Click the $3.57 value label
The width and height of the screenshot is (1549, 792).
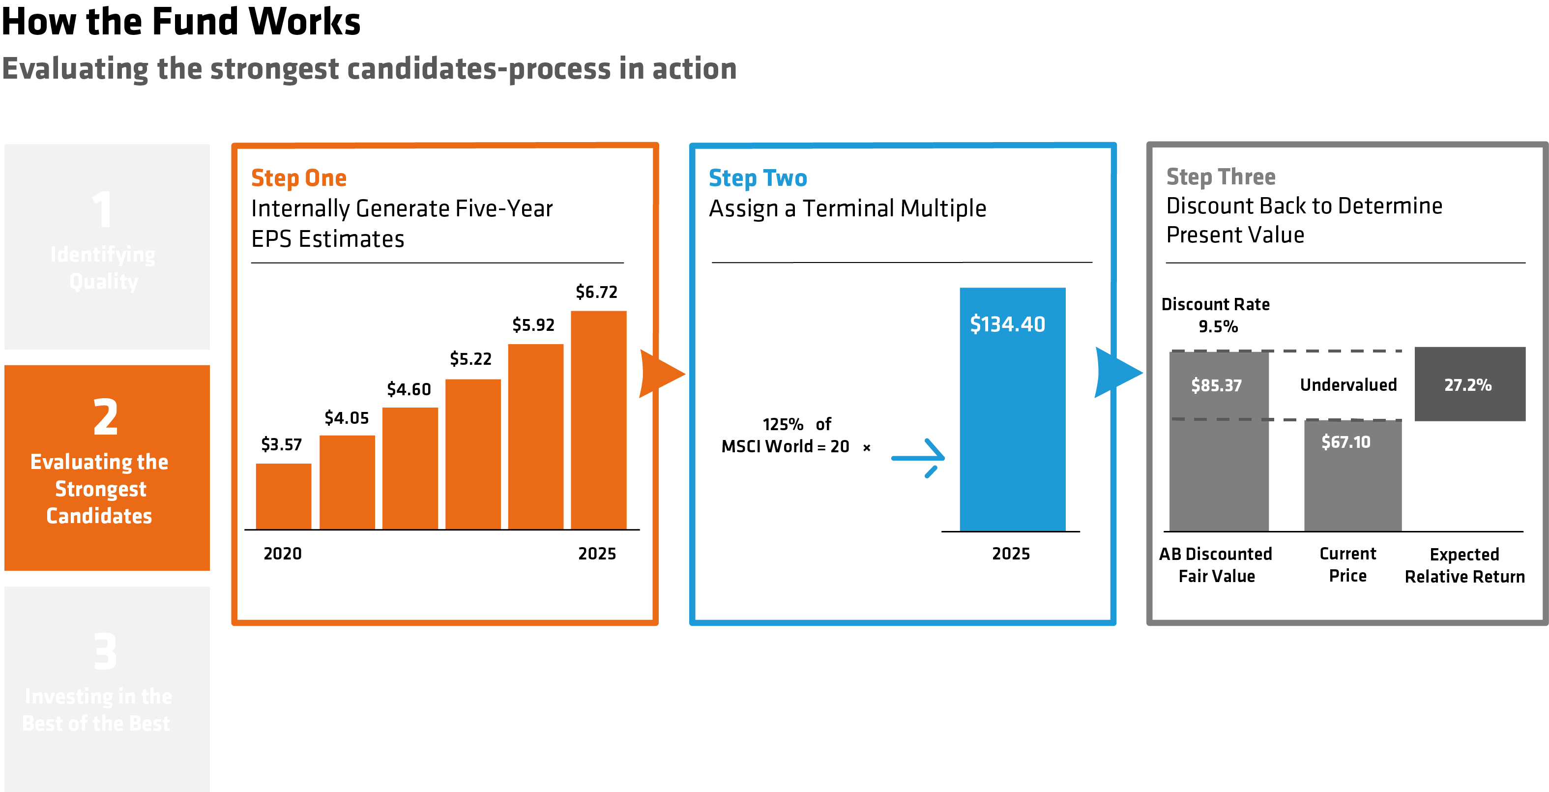281,444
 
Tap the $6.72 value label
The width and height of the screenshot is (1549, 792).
596,292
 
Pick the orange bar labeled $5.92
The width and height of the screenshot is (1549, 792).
535,436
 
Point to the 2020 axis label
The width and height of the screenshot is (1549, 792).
282,553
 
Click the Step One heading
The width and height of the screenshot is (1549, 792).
298,178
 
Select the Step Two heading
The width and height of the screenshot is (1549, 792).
757,178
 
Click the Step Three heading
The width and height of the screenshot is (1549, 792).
1220,177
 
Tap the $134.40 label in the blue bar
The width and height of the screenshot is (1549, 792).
1007,324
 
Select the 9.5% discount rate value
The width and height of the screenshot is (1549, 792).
1218,326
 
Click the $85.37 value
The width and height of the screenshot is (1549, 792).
1216,385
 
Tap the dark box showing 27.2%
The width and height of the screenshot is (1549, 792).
1469,383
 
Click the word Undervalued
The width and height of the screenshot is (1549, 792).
1348,385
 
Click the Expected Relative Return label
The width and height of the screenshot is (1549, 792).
1464,565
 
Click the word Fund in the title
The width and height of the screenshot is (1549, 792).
196,22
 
